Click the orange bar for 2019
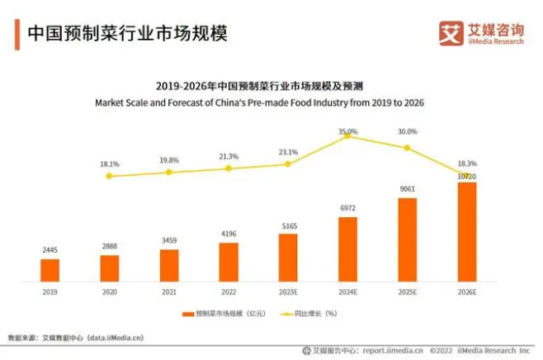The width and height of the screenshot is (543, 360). pos(50,270)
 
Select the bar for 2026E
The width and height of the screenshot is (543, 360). pos(466,232)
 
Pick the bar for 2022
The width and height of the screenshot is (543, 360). pos(229,262)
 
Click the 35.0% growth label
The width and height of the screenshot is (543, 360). pos(347,131)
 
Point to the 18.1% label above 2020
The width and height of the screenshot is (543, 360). pos(110,164)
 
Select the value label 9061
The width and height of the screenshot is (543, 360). pos(407,189)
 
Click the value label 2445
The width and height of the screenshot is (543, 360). pos(50,249)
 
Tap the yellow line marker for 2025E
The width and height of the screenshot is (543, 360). pos(407,148)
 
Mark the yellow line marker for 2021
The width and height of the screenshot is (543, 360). pos(169,172)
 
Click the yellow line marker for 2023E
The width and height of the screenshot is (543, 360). pos(288,163)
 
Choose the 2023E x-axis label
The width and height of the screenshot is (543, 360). pos(288,291)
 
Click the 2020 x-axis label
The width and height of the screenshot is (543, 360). pos(110,291)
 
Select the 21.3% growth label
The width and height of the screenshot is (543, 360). pos(229,156)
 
